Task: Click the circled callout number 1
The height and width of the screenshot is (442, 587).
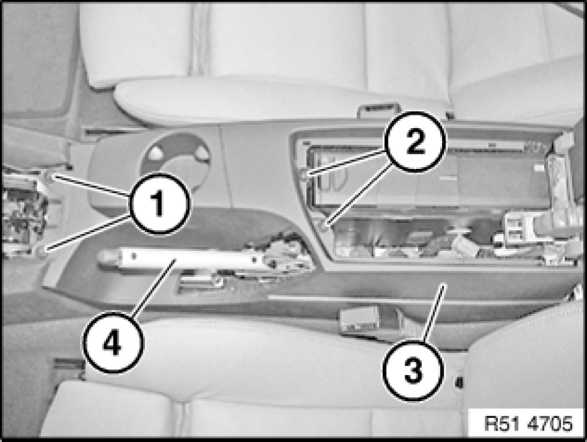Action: tap(160, 204)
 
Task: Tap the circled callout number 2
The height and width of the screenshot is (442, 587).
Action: tap(415, 142)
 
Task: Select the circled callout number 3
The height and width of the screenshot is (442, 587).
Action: tap(413, 370)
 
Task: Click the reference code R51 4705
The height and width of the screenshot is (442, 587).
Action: tap(528, 424)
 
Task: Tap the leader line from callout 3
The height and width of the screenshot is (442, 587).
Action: tap(434, 312)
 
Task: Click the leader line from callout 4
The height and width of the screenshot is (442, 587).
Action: tap(154, 287)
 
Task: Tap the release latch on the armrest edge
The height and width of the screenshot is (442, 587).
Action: tap(377, 110)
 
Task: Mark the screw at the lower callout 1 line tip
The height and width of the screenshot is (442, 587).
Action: tap(42, 250)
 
